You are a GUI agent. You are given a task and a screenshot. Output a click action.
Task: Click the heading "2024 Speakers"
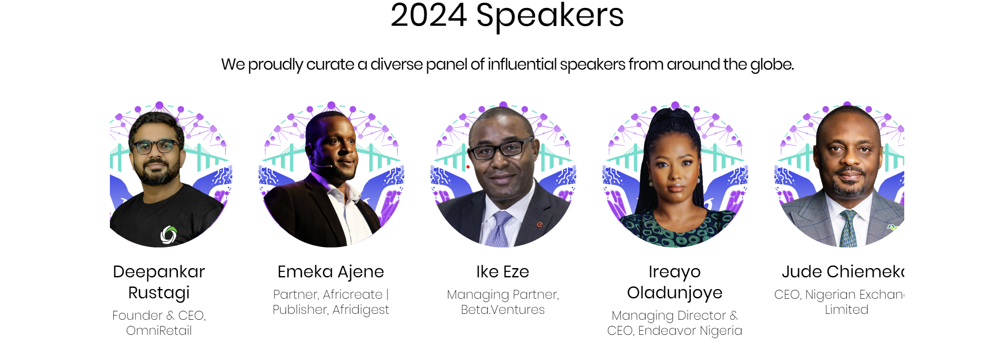point(507,16)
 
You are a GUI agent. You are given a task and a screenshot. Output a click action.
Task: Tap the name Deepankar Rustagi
point(159,282)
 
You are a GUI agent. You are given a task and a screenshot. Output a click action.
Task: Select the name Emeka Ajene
point(330,272)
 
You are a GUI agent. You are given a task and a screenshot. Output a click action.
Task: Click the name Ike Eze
point(502,272)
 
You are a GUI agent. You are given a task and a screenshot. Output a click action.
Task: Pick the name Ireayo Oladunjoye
point(674,282)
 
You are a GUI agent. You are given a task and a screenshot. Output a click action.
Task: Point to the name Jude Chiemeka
point(842,272)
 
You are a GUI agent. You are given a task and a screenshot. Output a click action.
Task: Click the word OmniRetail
point(159,331)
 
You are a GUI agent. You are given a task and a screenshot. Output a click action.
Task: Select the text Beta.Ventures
point(502,310)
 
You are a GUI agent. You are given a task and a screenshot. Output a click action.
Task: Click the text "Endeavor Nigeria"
point(690,331)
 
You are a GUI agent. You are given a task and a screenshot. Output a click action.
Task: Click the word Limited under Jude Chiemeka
point(846,310)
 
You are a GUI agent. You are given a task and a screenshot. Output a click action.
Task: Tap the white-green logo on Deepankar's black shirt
point(169,235)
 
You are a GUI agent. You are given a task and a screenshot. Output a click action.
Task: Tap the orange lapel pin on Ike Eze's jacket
point(540,225)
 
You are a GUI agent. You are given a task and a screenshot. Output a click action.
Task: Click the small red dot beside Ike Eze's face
point(468,167)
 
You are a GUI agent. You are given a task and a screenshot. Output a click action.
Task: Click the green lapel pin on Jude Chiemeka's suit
point(892,227)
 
